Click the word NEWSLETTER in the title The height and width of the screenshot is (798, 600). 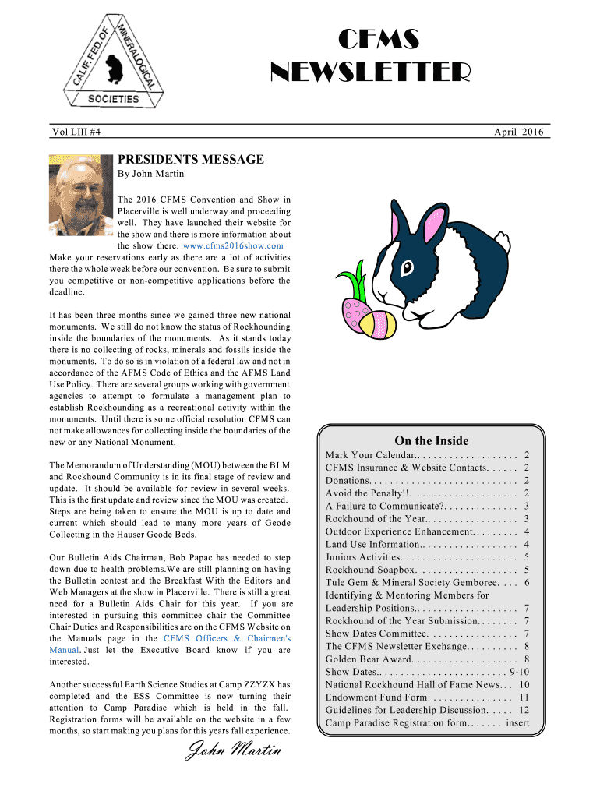(370, 73)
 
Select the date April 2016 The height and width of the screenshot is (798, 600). (519, 132)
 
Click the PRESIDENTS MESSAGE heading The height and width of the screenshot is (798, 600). (191, 160)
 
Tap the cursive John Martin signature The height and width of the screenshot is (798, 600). (231, 751)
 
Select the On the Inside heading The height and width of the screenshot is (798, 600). (431, 440)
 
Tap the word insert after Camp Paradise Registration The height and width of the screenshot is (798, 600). (517, 722)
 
